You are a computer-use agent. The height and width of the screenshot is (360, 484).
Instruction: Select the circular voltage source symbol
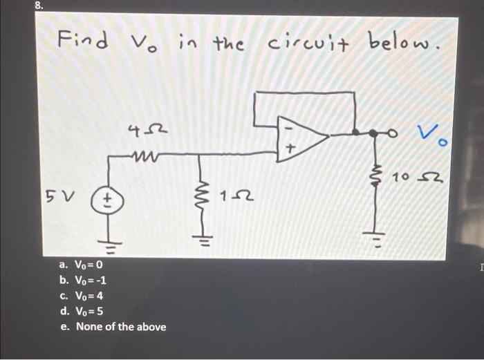(108, 201)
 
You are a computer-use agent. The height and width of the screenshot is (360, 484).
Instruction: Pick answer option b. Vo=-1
(82, 281)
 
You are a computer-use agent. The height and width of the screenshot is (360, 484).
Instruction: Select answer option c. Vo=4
(80, 296)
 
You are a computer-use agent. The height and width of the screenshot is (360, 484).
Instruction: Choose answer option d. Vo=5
(81, 311)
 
